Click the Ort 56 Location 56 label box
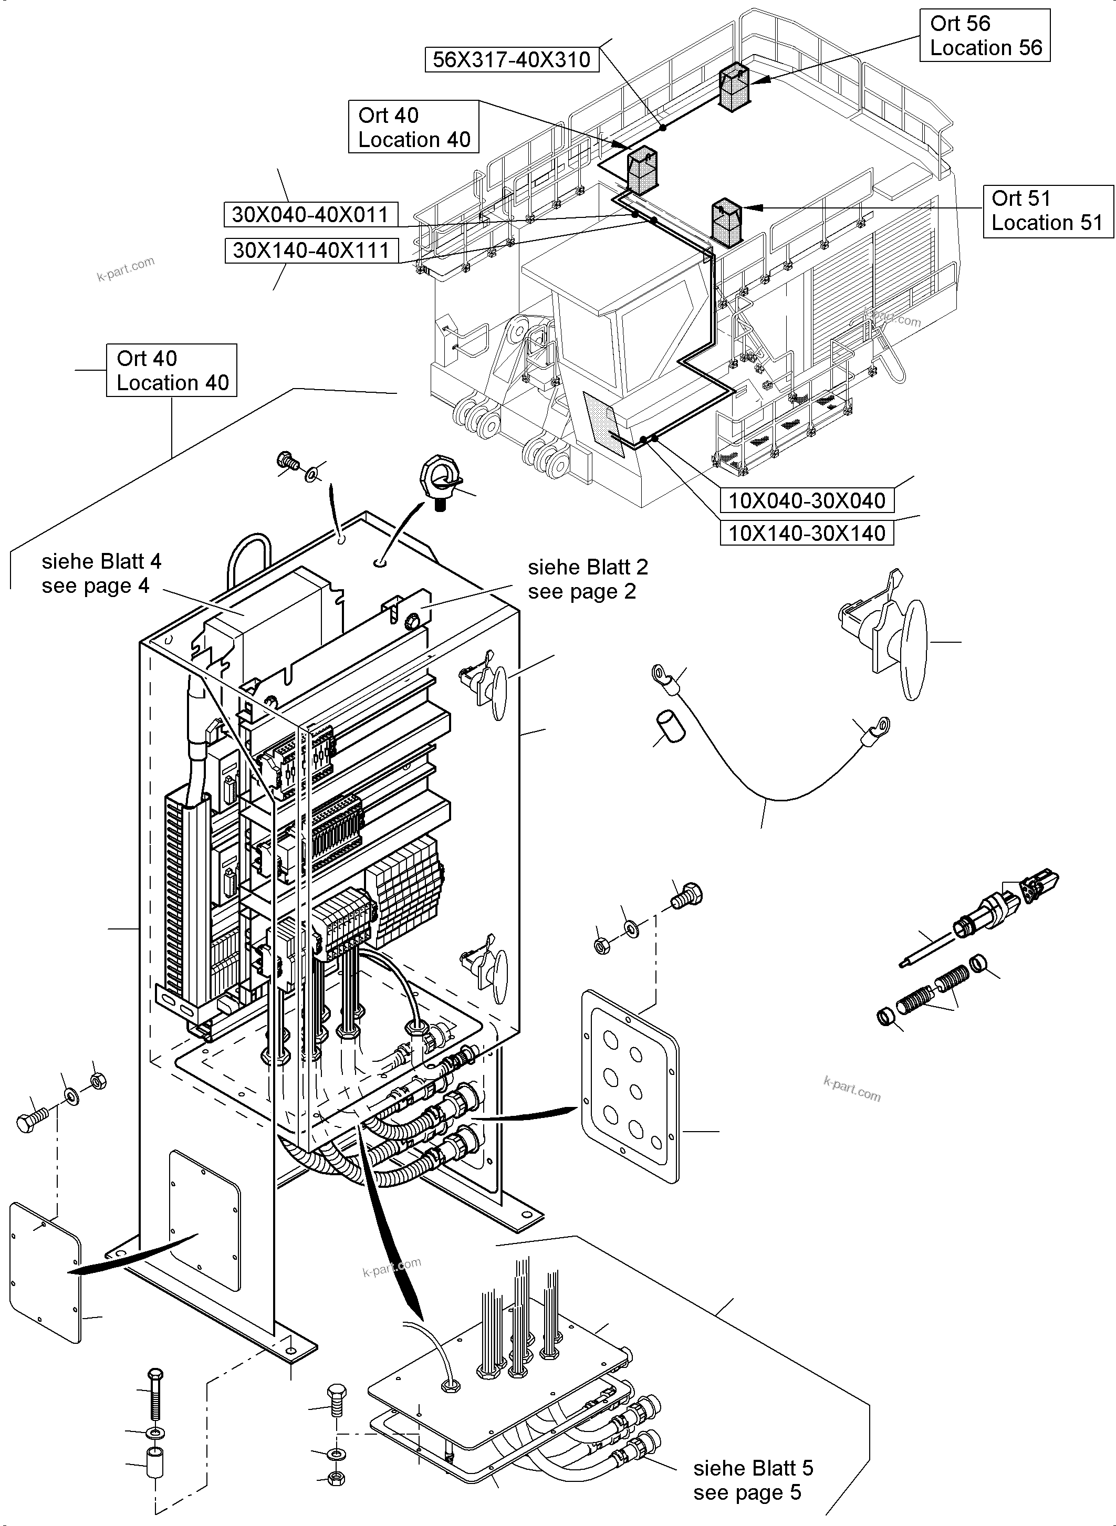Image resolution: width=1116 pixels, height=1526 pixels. (984, 35)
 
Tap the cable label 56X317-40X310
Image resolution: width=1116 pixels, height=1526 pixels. (512, 59)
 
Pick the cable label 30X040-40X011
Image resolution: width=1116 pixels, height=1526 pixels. (311, 215)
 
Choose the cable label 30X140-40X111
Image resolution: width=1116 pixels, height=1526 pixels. (311, 250)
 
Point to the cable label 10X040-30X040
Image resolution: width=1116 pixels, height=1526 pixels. (807, 500)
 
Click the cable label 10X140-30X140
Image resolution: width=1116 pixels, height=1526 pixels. (807, 533)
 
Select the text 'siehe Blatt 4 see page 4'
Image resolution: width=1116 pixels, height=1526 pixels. (101, 573)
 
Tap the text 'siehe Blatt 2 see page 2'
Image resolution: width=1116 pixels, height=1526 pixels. (588, 579)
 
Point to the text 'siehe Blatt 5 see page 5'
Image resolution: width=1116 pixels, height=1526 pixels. (753, 1479)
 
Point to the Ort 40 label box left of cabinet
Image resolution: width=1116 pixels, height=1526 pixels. (172, 370)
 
